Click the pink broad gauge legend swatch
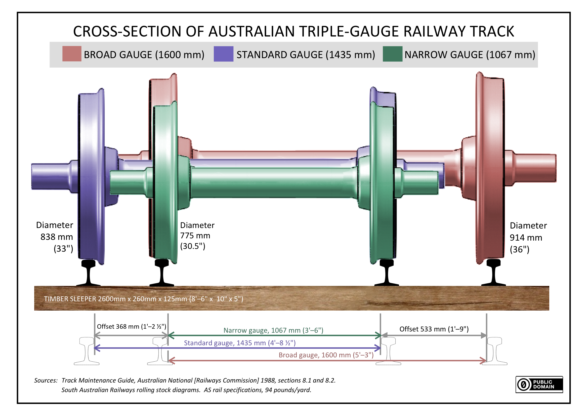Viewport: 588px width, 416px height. point(72,54)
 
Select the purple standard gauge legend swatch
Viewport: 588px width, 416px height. point(223,54)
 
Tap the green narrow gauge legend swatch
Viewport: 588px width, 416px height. point(392,54)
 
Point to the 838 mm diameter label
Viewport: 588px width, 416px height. point(56,237)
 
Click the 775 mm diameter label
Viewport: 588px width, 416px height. point(195,236)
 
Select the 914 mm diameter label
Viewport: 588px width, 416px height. point(526,238)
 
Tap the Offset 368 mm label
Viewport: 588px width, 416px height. point(131,327)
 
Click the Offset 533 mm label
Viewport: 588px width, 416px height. point(434,329)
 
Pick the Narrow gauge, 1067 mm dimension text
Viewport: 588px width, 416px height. point(273,330)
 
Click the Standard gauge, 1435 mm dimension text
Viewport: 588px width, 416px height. point(240,343)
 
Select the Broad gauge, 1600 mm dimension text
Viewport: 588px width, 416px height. point(326,355)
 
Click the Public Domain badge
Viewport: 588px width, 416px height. point(539,385)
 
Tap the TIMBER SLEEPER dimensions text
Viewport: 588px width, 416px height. point(143,299)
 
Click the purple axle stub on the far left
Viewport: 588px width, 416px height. point(50,176)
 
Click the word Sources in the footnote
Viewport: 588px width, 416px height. point(46,380)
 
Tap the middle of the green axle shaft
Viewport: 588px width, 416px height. point(274,182)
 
